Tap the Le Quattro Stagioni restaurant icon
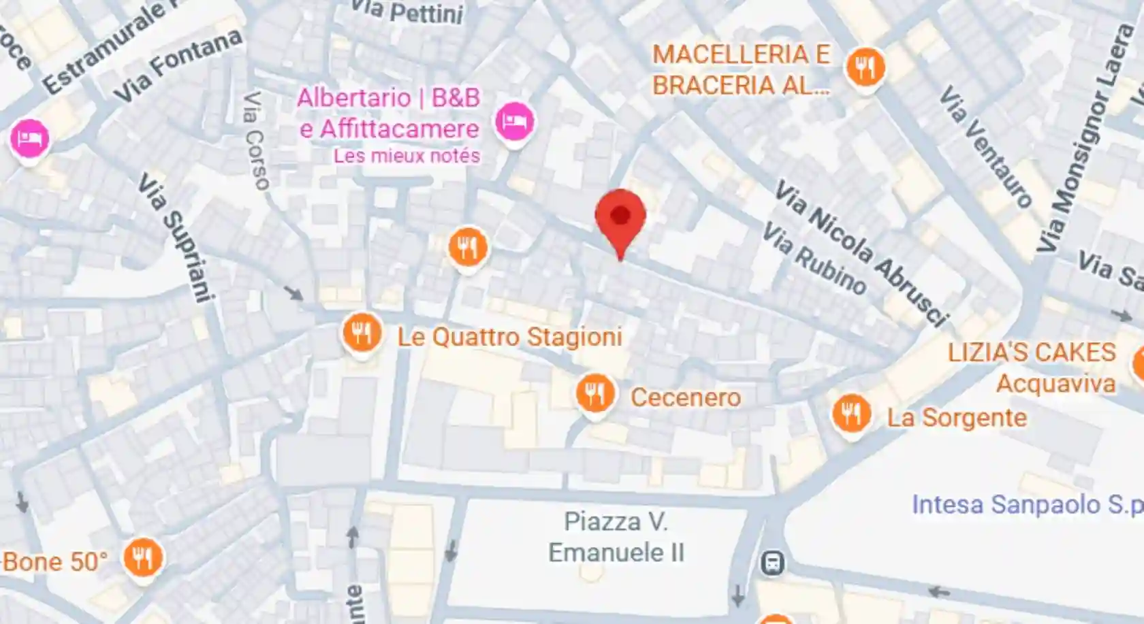point(362,333)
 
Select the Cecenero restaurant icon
point(596,394)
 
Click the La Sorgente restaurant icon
point(851,413)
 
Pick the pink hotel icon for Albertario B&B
point(513,122)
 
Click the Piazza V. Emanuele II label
point(616,537)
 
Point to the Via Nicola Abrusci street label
point(861,252)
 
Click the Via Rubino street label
point(813,259)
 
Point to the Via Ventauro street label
point(985,146)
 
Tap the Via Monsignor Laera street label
point(1083,137)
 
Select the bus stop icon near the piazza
point(772,563)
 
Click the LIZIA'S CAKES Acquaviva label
point(1032,367)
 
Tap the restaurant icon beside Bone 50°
point(143,558)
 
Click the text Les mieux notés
point(407,156)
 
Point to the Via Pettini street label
point(408,12)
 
